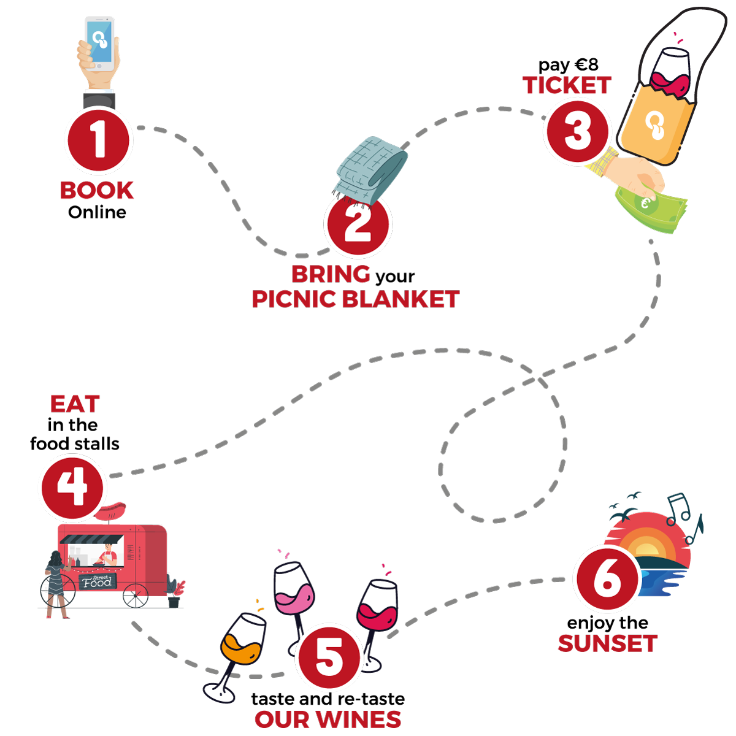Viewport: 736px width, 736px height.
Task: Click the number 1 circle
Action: tap(98, 140)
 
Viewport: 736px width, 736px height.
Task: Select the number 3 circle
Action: tap(577, 132)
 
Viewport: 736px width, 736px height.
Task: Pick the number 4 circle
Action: tap(72, 488)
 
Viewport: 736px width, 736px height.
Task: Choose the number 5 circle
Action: tap(329, 657)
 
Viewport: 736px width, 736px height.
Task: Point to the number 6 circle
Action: tap(607, 579)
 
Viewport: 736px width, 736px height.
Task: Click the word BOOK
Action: tap(97, 191)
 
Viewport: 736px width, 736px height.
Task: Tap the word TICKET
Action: tap(567, 86)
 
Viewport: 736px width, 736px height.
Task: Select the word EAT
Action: tap(75, 404)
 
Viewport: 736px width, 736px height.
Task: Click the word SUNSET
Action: tap(607, 644)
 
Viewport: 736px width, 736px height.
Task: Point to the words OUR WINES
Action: tap(328, 719)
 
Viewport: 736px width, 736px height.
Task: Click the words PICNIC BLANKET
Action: tap(356, 299)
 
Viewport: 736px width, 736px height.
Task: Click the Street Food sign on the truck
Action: tap(97, 581)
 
